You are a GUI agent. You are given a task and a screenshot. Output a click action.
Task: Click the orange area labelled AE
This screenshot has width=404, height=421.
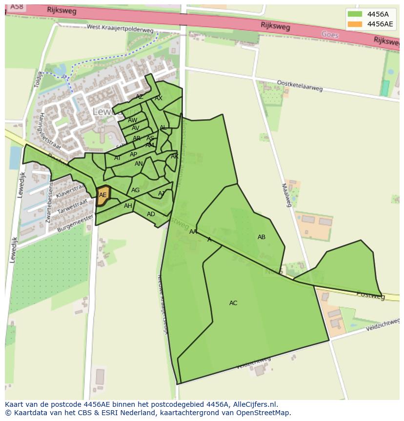pos(102,195)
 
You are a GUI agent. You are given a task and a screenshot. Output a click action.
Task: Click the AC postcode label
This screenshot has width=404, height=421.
pos(233,303)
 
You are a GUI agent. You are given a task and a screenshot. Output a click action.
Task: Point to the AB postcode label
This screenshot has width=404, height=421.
pos(262,237)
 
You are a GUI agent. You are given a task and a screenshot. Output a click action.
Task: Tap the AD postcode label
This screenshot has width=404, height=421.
pos(151,214)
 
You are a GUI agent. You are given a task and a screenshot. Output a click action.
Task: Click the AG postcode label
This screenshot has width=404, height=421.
pos(135,190)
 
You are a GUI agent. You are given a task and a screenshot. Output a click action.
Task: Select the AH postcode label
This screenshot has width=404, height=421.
pos(128,206)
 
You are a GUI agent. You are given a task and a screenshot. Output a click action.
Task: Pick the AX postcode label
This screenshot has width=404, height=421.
pos(159,98)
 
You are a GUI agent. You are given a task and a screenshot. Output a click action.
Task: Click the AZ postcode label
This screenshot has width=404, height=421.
pos(140,97)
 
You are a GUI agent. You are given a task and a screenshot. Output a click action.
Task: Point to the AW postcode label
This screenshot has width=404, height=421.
pos(133,120)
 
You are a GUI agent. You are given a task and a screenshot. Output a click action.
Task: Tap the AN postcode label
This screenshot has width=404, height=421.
pos(139,164)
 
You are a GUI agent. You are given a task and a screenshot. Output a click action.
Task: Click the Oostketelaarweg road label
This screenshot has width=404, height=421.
pos(300,86)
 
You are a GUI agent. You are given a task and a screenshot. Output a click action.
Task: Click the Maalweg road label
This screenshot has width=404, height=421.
pos(286,195)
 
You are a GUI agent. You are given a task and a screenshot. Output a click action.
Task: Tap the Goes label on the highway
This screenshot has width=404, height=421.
pos(330,34)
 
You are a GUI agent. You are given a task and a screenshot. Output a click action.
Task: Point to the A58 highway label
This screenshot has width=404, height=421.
pos(16,7)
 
